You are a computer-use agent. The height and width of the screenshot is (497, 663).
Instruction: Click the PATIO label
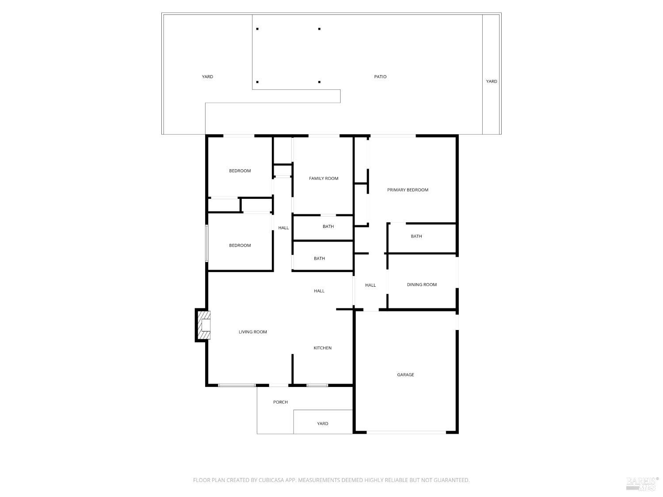[x=380, y=77]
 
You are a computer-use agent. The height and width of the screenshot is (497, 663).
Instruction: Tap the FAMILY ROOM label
[x=324, y=178]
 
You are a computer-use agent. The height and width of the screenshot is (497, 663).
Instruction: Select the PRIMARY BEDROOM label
[x=408, y=190]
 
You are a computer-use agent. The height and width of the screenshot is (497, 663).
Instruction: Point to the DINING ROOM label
[x=422, y=285]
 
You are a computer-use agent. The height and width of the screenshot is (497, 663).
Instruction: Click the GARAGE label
[x=405, y=375]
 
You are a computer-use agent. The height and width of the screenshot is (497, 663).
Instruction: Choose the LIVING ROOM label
[x=253, y=332]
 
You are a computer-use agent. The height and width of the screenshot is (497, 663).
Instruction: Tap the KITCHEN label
[x=323, y=348]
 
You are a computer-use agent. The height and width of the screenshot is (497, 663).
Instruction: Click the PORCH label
[x=281, y=402]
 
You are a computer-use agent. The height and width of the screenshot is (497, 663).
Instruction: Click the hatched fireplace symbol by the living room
[x=203, y=325]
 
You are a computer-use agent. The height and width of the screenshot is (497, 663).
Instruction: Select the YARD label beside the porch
[x=323, y=424]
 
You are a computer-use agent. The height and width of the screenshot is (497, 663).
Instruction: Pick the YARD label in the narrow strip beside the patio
[x=492, y=81]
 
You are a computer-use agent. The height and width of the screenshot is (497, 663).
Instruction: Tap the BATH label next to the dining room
[x=416, y=236]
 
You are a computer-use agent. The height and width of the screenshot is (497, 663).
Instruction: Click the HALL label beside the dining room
[x=370, y=285]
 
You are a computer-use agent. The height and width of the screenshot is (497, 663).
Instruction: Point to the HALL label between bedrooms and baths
[x=283, y=228]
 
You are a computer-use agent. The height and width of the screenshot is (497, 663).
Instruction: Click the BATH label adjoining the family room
[x=328, y=227]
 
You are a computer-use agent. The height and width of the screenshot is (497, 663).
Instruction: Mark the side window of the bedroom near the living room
[x=206, y=243]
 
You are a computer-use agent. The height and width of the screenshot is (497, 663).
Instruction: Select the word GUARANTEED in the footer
[x=453, y=480]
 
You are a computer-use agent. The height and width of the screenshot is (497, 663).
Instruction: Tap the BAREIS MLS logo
[x=642, y=484]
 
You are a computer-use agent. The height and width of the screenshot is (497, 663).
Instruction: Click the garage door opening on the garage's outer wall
[x=406, y=432]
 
